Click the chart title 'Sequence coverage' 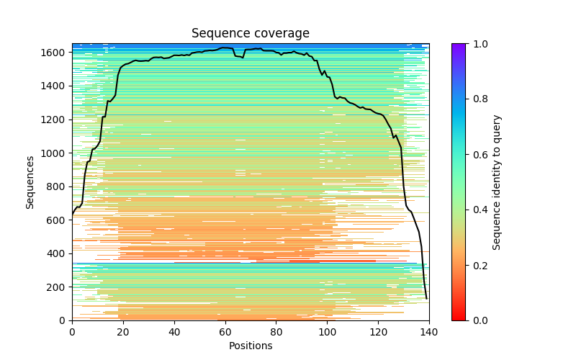(251, 34)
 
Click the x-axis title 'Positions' (251, 346)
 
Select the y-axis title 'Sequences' (30, 181)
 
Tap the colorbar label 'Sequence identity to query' (497, 181)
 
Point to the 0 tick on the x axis (72, 320)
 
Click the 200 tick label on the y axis (58, 287)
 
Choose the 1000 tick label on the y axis (55, 153)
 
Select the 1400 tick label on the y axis (55, 86)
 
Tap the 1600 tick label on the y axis (55, 53)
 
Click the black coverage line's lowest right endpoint (426, 298)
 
